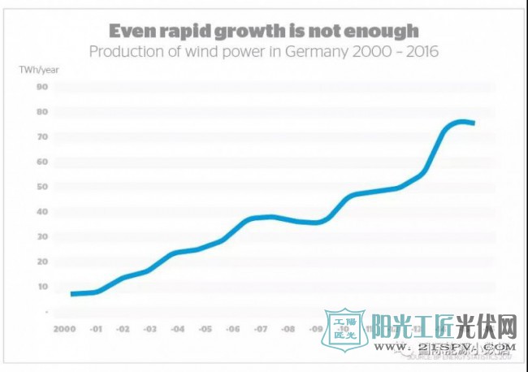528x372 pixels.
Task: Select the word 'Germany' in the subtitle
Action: pyautogui.click(x=304, y=52)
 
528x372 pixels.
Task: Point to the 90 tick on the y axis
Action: pyautogui.click(x=42, y=86)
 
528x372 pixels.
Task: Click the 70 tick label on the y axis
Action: pyautogui.click(x=42, y=136)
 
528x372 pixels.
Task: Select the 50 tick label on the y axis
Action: pyautogui.click(x=42, y=187)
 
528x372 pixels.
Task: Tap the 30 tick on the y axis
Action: pyautogui.click(x=42, y=236)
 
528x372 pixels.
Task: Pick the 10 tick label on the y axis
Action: pyautogui.click(x=42, y=286)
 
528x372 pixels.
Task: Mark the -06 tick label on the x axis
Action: pyautogui.click(x=232, y=330)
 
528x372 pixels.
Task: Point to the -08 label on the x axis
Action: pyautogui.click(x=289, y=330)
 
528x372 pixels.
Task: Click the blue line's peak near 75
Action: pyautogui.click(x=461, y=122)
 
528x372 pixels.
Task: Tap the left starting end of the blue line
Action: pyautogui.click(x=73, y=293)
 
